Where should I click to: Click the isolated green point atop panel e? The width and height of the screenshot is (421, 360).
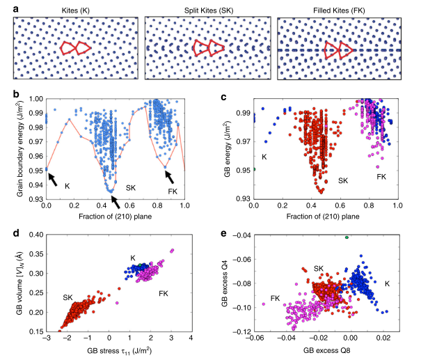pyautogui.click(x=346, y=237)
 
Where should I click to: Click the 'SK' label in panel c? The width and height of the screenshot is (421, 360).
pyautogui.click(x=343, y=180)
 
